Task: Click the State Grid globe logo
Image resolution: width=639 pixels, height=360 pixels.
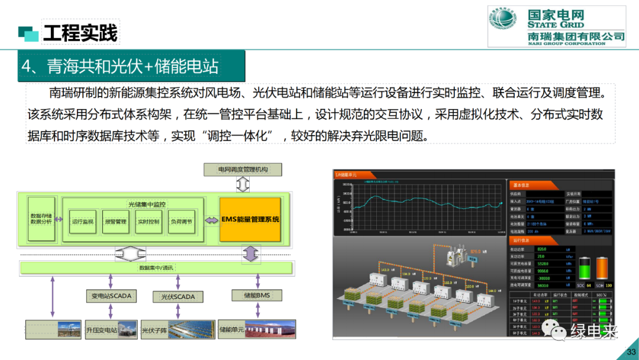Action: pyautogui.click(x=502, y=25)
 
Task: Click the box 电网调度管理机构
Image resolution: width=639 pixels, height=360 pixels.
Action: pyautogui.click(x=243, y=170)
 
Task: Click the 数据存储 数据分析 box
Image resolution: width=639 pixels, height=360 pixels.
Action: pyautogui.click(x=41, y=219)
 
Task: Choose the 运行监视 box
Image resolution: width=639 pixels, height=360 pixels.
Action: pyautogui.click(x=83, y=222)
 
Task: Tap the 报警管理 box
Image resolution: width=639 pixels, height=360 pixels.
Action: pyautogui.click(x=115, y=222)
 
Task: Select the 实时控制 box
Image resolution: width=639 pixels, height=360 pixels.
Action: pyautogui.click(x=149, y=222)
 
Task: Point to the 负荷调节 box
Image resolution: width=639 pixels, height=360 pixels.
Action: pyautogui.click(x=181, y=222)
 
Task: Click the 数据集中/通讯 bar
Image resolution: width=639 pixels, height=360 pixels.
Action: pyautogui.click(x=156, y=268)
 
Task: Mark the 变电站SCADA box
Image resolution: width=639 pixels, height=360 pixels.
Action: pyautogui.click(x=111, y=295)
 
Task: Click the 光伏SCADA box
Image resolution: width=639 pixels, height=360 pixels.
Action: pyautogui.click(x=177, y=296)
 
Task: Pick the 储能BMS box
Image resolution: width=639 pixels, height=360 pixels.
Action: pyautogui.click(x=256, y=295)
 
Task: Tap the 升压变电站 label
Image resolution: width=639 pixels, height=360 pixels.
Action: pyautogui.click(x=101, y=330)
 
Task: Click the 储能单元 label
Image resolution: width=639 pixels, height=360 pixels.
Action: pyautogui.click(x=231, y=329)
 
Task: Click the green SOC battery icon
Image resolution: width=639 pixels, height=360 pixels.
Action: pyautogui.click(x=585, y=268)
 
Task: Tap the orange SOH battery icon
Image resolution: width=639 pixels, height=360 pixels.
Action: pyautogui.click(x=602, y=268)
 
